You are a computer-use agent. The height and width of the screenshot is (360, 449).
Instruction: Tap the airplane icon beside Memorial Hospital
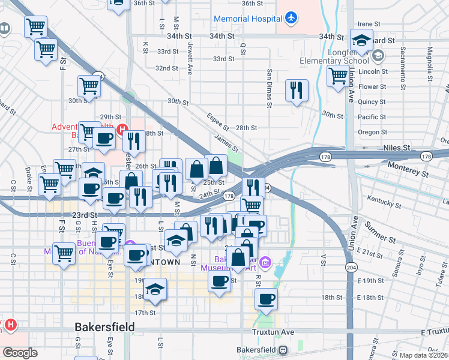(x=291, y=18)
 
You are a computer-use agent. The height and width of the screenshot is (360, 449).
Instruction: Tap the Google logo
(x=19, y=353)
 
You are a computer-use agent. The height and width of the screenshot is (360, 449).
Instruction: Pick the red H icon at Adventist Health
(x=122, y=128)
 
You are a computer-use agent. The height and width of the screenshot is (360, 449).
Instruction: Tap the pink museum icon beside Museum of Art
(x=267, y=262)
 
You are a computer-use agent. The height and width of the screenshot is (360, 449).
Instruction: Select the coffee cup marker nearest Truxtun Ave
(x=266, y=298)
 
